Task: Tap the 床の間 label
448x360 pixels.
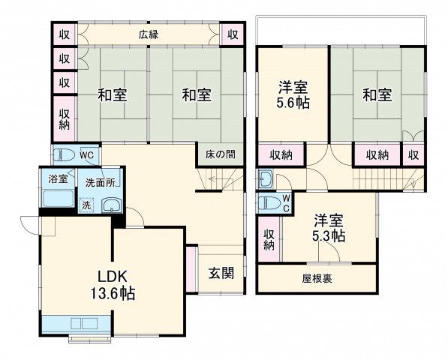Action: point(220,154)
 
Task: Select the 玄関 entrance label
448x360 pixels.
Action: point(221,272)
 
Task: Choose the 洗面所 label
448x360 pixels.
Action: point(99,181)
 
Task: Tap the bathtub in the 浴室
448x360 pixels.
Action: point(57,200)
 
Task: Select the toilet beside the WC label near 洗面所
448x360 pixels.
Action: point(65,155)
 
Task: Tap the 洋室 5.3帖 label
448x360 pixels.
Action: point(329,227)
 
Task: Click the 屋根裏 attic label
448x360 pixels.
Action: point(318,278)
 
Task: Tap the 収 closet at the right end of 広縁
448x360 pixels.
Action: point(233,34)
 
